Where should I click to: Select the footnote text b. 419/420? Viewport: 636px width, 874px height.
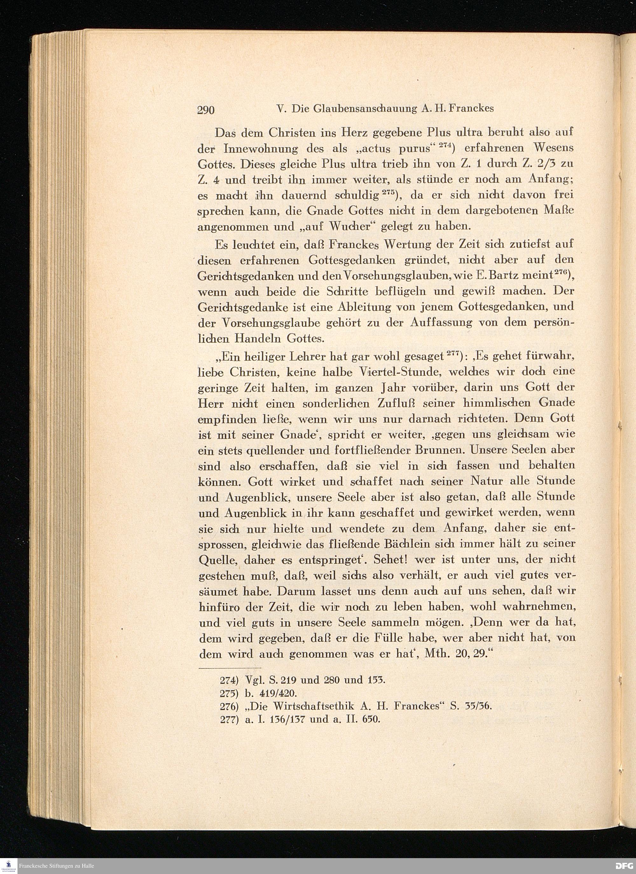click(x=270, y=693)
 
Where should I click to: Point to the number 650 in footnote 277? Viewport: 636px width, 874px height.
click(x=371, y=720)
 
